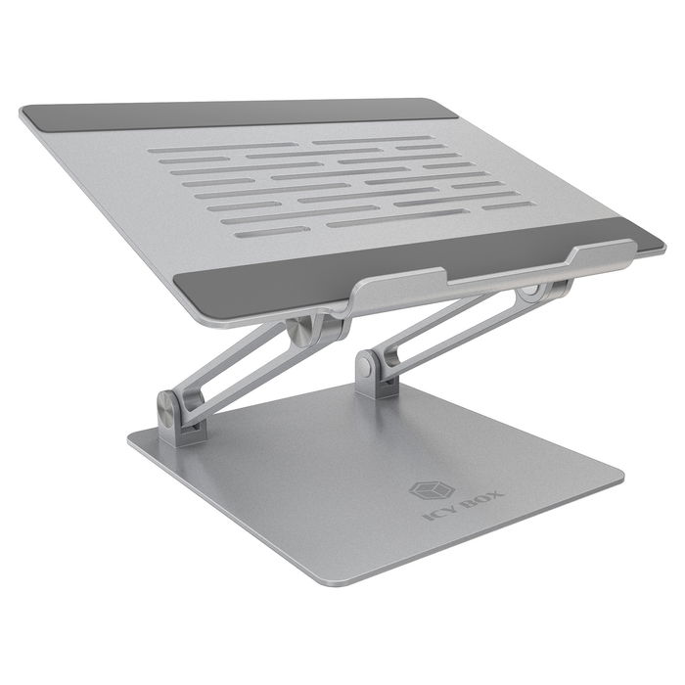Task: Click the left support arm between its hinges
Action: pos(245,372)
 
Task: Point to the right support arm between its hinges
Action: pos(450,333)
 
